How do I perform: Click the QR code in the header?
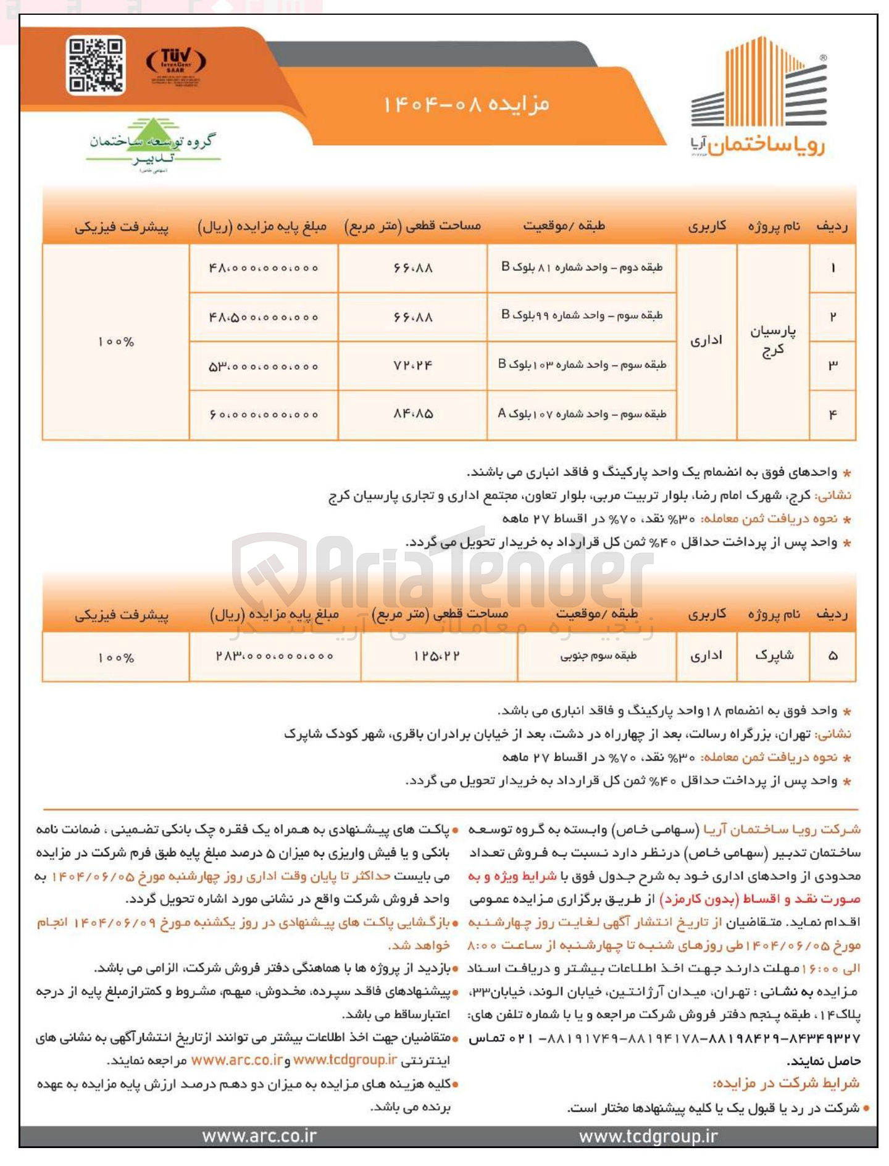coord(96,65)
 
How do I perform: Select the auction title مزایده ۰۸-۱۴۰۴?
coord(466,104)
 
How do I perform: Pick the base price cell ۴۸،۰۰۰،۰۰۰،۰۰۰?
coord(264,268)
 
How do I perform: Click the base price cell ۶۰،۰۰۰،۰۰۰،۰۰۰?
coord(264,415)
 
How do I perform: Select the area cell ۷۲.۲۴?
coord(412,365)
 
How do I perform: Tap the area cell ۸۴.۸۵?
coord(412,414)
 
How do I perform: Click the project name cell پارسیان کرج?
coord(772,341)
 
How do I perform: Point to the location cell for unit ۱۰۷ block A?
coord(582,414)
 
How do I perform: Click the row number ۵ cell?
coord(832,656)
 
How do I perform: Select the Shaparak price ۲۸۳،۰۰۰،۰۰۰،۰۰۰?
coord(275,656)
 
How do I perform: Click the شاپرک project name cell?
coord(774,656)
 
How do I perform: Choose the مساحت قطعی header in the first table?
coord(412,227)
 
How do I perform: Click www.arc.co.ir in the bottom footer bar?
coord(259,1136)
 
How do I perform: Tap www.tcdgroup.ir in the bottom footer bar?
coord(648,1136)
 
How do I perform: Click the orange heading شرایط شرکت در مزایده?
coord(786,1083)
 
